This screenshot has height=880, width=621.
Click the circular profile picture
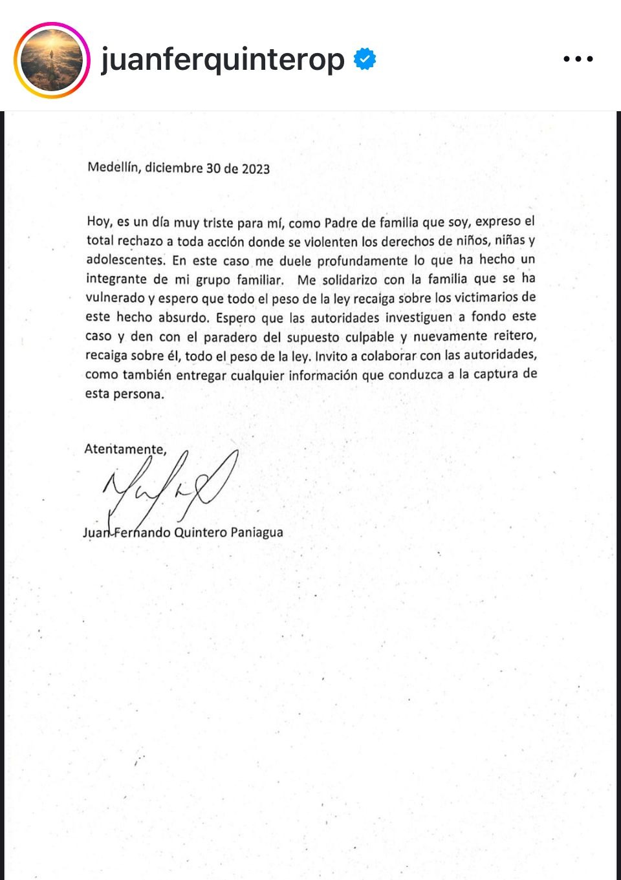[52, 60]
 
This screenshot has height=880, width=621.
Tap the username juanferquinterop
[223, 60]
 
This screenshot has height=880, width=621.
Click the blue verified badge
[365, 59]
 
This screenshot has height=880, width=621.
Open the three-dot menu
[578, 59]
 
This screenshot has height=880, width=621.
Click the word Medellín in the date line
[113, 167]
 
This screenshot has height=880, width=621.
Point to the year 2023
[256, 169]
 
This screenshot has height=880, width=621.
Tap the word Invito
[331, 356]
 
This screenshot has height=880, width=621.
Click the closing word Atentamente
[125, 449]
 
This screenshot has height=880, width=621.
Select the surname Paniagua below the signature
[257, 533]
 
